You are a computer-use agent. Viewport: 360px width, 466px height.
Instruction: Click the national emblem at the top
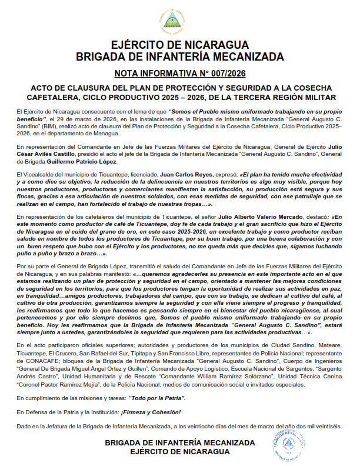coord(180,22)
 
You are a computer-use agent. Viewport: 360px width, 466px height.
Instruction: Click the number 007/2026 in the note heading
coord(224,74)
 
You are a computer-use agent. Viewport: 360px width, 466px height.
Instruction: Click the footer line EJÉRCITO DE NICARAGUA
coord(179,451)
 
